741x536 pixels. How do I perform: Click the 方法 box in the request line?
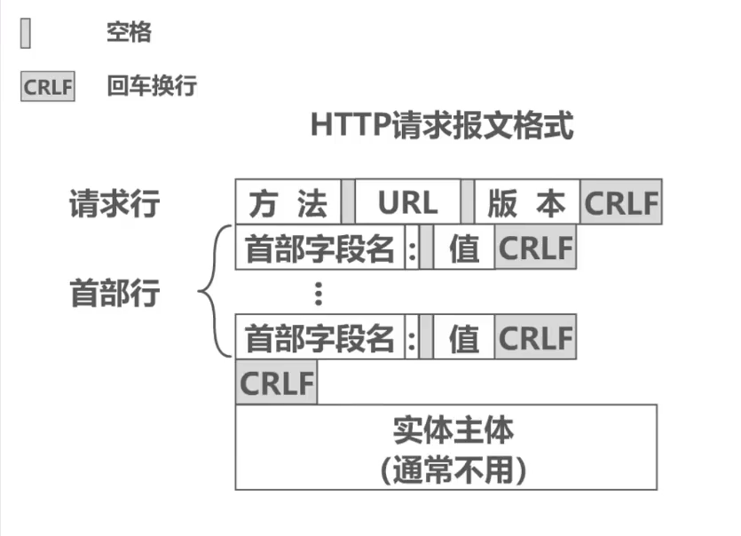point(288,203)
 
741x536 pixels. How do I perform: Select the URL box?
point(407,203)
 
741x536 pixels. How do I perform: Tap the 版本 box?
point(526,203)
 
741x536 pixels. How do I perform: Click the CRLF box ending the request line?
point(621,203)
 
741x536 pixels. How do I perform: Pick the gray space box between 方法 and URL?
point(348,203)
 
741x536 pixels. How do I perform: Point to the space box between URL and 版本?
point(467,203)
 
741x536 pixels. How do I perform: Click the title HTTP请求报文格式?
point(442,125)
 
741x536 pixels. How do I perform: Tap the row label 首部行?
point(114,292)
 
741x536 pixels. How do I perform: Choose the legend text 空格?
point(129,34)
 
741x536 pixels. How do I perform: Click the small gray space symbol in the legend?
point(26,35)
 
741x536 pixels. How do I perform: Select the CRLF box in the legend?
point(48,88)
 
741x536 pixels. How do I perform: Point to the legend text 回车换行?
point(152,87)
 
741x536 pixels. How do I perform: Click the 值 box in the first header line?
point(463,248)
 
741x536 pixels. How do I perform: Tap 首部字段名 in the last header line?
point(319,338)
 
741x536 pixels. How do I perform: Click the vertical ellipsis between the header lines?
point(319,293)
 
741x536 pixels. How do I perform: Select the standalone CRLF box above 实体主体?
point(276,383)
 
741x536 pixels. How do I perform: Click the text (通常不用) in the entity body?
point(453,469)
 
